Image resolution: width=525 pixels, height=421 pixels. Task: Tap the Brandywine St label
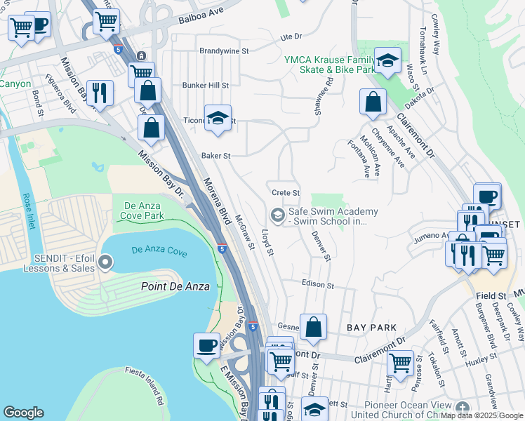tap(224, 51)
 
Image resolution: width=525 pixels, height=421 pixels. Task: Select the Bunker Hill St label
tap(206, 86)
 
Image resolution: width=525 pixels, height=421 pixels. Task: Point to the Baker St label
tap(216, 156)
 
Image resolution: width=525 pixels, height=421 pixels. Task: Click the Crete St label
tap(286, 193)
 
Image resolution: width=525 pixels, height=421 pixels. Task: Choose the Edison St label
tap(317, 285)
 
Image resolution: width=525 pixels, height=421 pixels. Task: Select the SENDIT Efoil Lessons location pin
tap(106, 263)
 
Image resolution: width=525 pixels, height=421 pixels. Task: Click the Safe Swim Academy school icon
tap(278, 215)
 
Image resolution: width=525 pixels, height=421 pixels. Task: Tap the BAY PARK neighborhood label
tap(371, 328)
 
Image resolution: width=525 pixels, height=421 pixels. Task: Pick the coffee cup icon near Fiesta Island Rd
tap(206, 346)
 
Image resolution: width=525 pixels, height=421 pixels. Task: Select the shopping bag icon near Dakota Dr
tap(373, 102)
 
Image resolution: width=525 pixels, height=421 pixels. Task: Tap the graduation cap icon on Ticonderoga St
tap(218, 117)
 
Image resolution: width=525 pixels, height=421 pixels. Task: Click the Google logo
tap(24, 413)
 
